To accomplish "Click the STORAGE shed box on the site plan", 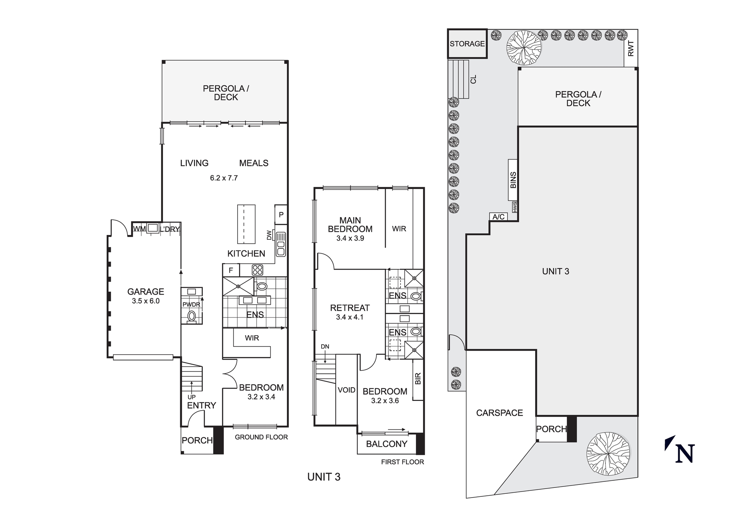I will [x=467, y=44].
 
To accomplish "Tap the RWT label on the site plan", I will [x=631, y=48].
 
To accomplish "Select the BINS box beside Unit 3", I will [x=513, y=180].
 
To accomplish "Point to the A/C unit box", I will [x=499, y=217].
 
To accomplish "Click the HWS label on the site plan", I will [x=515, y=207].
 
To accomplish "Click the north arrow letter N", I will [x=685, y=454].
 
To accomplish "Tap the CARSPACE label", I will [x=499, y=413].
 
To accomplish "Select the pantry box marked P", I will [x=281, y=214].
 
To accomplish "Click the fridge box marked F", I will [x=231, y=270].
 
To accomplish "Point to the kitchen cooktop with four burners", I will [x=257, y=270].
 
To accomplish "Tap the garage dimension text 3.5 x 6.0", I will [x=145, y=301].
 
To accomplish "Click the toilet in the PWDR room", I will [x=192, y=316].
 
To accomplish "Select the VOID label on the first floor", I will [x=347, y=390].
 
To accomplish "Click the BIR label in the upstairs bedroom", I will [x=418, y=379].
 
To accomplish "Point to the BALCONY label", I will [x=386, y=444].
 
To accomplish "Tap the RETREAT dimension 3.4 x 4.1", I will [x=350, y=317].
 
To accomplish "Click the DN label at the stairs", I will [x=325, y=346].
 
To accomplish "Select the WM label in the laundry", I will [x=139, y=228].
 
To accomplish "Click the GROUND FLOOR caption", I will [x=261, y=437].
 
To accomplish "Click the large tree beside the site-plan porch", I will [x=608, y=454].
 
